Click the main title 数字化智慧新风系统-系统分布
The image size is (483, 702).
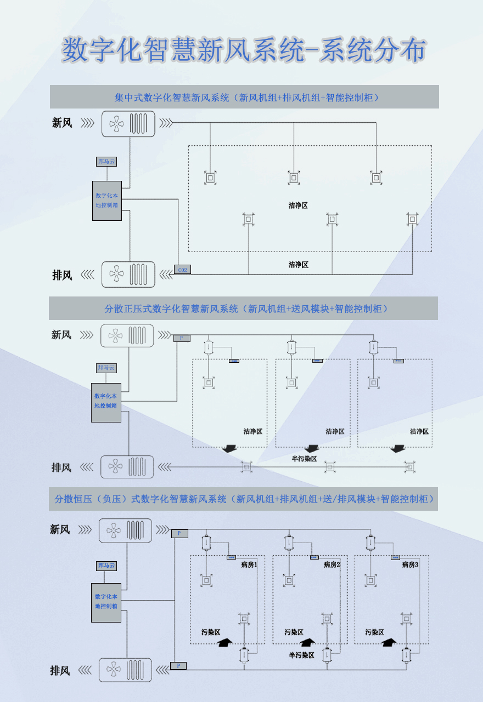coord(243,51)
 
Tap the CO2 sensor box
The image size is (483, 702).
coord(183,270)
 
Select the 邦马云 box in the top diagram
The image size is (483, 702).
coord(106,162)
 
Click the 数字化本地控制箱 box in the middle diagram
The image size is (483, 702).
coord(106,402)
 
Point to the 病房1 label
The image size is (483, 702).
coord(249,564)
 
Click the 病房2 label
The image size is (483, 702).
coord(332,564)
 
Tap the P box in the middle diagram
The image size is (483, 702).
coord(182,338)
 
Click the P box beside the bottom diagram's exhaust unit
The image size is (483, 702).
coord(178,665)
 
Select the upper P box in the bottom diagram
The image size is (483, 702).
coord(179,533)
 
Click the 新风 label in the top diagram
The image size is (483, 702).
coord(62,123)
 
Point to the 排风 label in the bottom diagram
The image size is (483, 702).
coord(60,670)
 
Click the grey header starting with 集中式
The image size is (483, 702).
coord(244,98)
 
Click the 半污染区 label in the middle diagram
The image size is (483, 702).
coord(304,458)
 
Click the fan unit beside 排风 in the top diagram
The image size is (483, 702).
coord(128,274)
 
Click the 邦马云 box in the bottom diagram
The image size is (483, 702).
coord(106,566)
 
